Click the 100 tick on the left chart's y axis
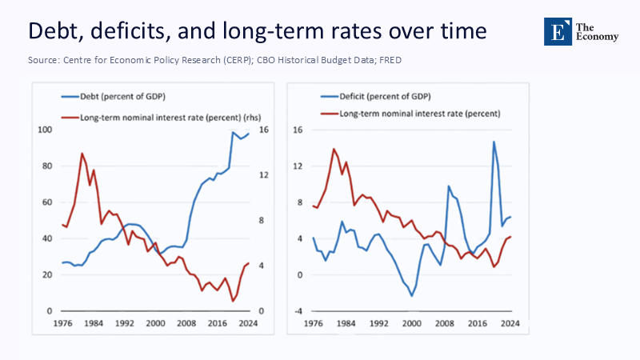tap(46, 130)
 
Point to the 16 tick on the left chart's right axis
tap(265, 130)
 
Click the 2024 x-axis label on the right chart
tap(511, 322)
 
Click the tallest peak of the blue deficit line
tap(494, 142)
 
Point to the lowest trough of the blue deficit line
tap(412, 296)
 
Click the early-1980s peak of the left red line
tap(82, 154)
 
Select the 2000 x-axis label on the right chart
tap(412, 322)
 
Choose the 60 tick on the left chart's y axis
tap(47, 202)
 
